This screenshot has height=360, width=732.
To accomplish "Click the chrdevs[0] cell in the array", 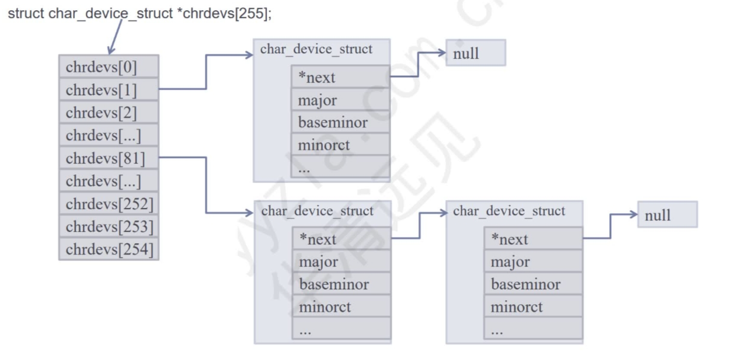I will point(108,66).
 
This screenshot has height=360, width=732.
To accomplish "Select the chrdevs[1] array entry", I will point(108,89).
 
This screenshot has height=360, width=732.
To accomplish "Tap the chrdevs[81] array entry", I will point(108,158).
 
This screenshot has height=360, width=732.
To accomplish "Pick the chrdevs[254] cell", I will point(108,249).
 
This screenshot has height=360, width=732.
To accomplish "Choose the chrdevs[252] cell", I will point(108,204).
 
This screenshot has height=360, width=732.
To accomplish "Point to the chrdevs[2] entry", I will point(108,112).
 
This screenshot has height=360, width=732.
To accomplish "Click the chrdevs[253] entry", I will point(108,226).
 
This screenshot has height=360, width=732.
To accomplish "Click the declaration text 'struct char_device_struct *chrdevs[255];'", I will point(140,13).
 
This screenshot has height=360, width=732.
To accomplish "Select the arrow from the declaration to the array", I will point(115,37).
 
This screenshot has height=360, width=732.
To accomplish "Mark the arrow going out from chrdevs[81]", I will point(206,186).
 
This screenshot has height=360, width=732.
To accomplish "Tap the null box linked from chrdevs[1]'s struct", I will point(475,53).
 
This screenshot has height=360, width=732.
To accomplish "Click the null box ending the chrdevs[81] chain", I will point(667,215).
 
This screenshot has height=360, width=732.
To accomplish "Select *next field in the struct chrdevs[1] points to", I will point(340,77).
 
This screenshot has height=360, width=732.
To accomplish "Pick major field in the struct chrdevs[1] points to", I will point(340,100).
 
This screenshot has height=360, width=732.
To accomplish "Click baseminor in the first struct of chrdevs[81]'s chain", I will point(341,284).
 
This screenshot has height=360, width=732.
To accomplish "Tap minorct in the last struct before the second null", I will point(533,307).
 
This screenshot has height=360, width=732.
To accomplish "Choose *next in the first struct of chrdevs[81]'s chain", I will point(341,239).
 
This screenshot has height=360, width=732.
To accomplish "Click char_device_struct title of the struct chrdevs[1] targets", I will point(316,49).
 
